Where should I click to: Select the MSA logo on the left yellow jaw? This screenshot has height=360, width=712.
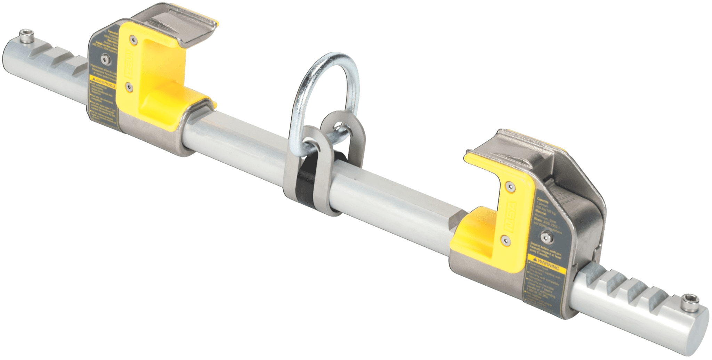pos(126,61)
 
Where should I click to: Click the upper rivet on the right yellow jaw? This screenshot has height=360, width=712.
pos(510,186)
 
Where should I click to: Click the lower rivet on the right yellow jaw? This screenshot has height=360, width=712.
pos(505,237)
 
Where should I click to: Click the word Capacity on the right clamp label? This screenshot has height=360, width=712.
pos(543,201)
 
